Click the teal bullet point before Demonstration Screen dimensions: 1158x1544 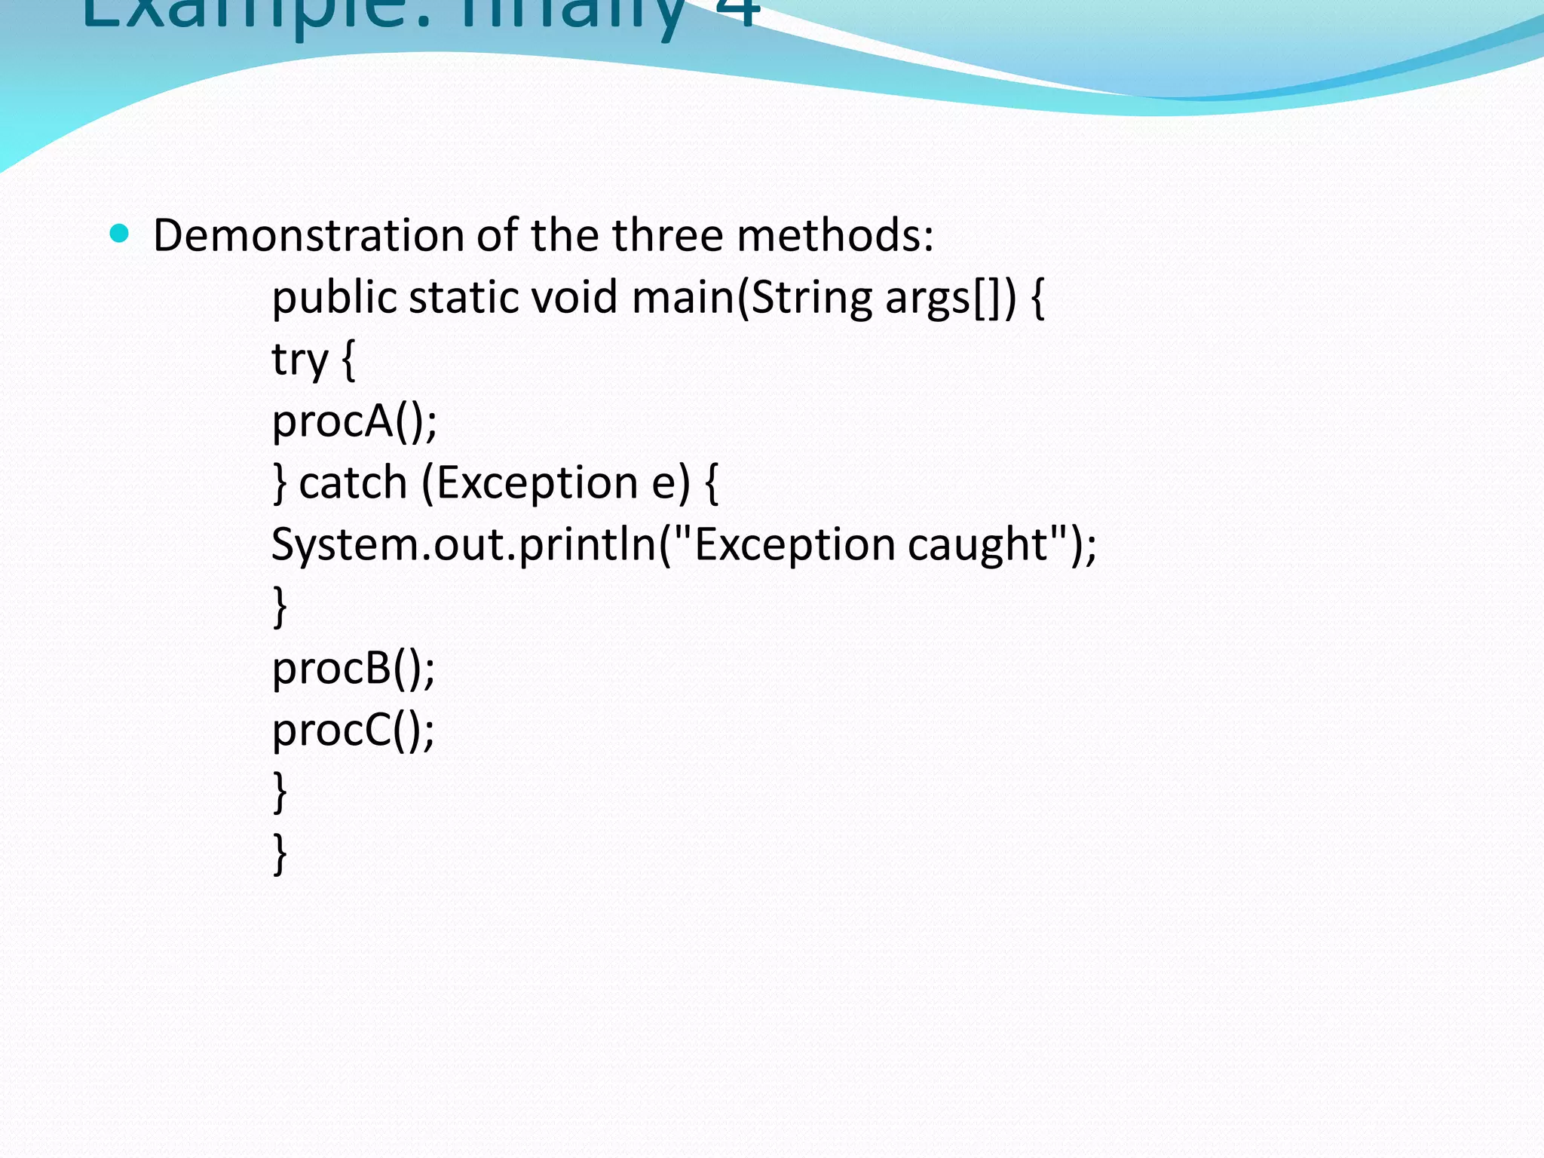(120, 233)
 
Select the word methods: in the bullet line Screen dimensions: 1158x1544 (835, 235)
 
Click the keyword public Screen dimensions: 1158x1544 (334, 299)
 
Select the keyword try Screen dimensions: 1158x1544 (299, 360)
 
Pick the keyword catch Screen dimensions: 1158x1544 (353, 482)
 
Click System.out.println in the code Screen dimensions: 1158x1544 (464, 546)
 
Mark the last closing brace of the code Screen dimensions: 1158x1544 (280, 853)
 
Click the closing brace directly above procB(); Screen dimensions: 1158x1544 (280, 606)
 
